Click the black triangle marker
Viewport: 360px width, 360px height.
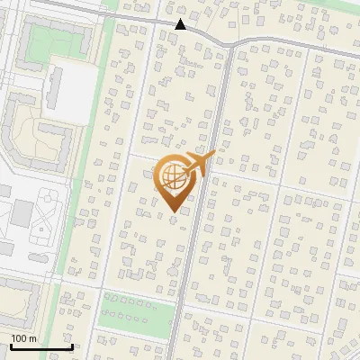[x=181, y=24]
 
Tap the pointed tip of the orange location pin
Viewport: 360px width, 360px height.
[x=175, y=211]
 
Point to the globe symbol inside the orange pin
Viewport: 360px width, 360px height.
[x=172, y=175]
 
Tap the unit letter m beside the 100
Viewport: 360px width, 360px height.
[x=33, y=338]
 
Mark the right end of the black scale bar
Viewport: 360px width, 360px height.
[x=72, y=346]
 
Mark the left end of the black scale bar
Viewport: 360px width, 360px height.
[x=10, y=346]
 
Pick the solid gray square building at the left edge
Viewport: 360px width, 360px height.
[x=21, y=213]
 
